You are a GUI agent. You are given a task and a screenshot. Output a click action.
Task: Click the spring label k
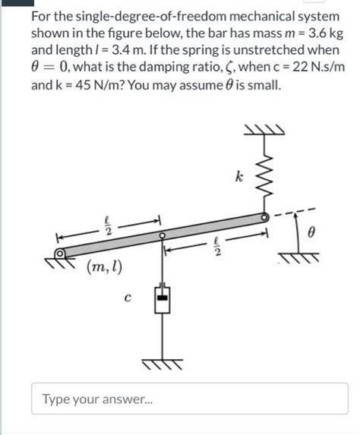click(x=240, y=178)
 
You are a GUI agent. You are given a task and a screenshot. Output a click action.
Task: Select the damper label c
click(x=128, y=298)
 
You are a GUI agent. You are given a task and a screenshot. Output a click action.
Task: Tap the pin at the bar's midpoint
click(x=162, y=236)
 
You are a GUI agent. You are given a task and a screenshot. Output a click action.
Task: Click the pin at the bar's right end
click(x=265, y=217)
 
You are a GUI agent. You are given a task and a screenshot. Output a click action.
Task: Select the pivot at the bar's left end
click(x=60, y=256)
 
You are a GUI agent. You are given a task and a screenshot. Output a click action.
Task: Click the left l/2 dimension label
click(x=107, y=225)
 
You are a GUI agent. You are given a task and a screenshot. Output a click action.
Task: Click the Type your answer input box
click(x=190, y=399)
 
